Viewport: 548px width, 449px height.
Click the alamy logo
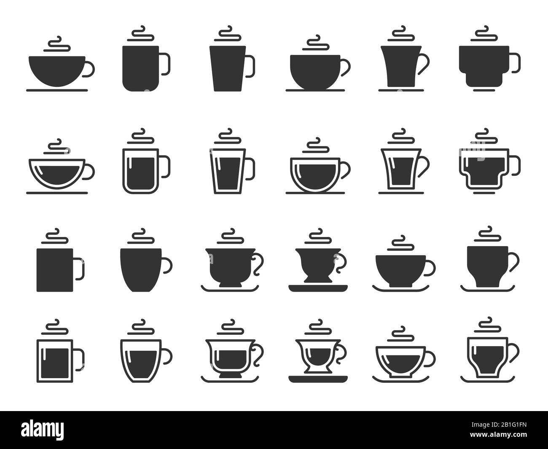[x=42, y=430]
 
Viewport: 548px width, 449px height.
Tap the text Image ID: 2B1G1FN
[x=499, y=425]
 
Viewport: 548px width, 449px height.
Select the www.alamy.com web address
[x=498, y=434]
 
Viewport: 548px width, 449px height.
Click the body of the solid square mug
[x=55, y=270]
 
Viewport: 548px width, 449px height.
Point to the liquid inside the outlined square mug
[x=55, y=363]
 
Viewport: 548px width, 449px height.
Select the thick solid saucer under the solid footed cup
[x=318, y=288]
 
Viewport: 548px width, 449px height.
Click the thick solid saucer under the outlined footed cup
[x=318, y=379]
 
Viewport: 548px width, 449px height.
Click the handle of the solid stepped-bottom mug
[x=516, y=62]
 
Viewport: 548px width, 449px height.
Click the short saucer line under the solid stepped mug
[x=484, y=90]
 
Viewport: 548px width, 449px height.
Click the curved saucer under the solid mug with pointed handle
[x=487, y=289]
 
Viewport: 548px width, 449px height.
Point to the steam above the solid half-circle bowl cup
[x=57, y=44]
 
